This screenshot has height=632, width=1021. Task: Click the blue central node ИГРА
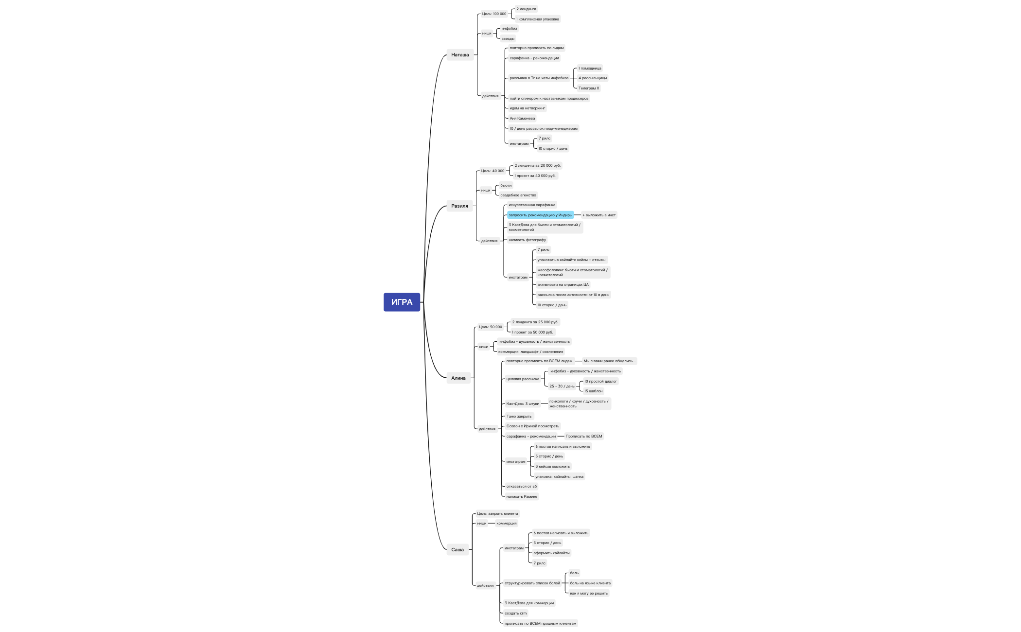point(402,302)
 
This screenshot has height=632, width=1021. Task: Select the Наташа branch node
point(460,55)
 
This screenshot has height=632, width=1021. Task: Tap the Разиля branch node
point(459,206)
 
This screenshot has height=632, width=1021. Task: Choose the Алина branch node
point(458,378)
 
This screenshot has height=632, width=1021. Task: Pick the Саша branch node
point(458,549)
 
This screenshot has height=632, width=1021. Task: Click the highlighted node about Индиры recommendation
point(541,215)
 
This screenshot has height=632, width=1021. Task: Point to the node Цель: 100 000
point(494,14)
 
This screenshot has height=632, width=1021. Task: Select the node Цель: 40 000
point(493,171)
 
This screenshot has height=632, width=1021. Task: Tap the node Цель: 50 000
point(491,327)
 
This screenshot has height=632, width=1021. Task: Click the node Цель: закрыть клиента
point(497,513)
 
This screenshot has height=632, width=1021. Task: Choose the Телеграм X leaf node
point(589,88)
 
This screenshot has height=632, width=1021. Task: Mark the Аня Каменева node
point(522,118)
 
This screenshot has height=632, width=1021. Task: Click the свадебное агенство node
point(518,195)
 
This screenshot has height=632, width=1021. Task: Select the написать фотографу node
point(527,240)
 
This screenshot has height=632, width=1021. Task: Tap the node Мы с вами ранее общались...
point(609,361)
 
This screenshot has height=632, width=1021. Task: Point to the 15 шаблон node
point(593,391)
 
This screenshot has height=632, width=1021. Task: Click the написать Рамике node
point(522,496)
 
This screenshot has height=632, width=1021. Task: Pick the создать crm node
point(515,613)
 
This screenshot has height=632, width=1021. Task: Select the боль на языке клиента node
point(590,583)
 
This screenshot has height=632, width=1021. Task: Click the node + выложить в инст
point(599,215)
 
